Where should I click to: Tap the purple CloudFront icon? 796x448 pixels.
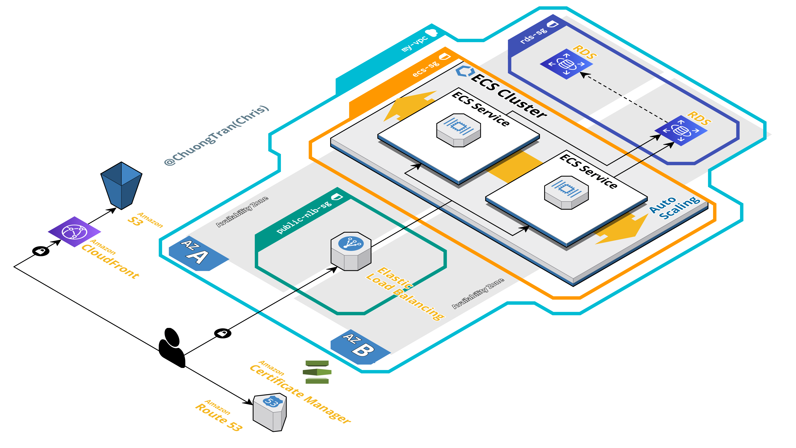74,232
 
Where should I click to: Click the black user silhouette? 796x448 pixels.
172,348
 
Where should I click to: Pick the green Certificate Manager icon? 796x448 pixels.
317,372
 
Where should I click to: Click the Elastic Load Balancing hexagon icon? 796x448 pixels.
351,251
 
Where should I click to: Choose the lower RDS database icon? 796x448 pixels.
681,130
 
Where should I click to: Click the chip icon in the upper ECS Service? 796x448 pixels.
458,130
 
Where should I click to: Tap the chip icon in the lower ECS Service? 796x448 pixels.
566,192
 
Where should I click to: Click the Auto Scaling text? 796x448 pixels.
674,208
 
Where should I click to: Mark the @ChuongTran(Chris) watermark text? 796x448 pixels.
216,135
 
